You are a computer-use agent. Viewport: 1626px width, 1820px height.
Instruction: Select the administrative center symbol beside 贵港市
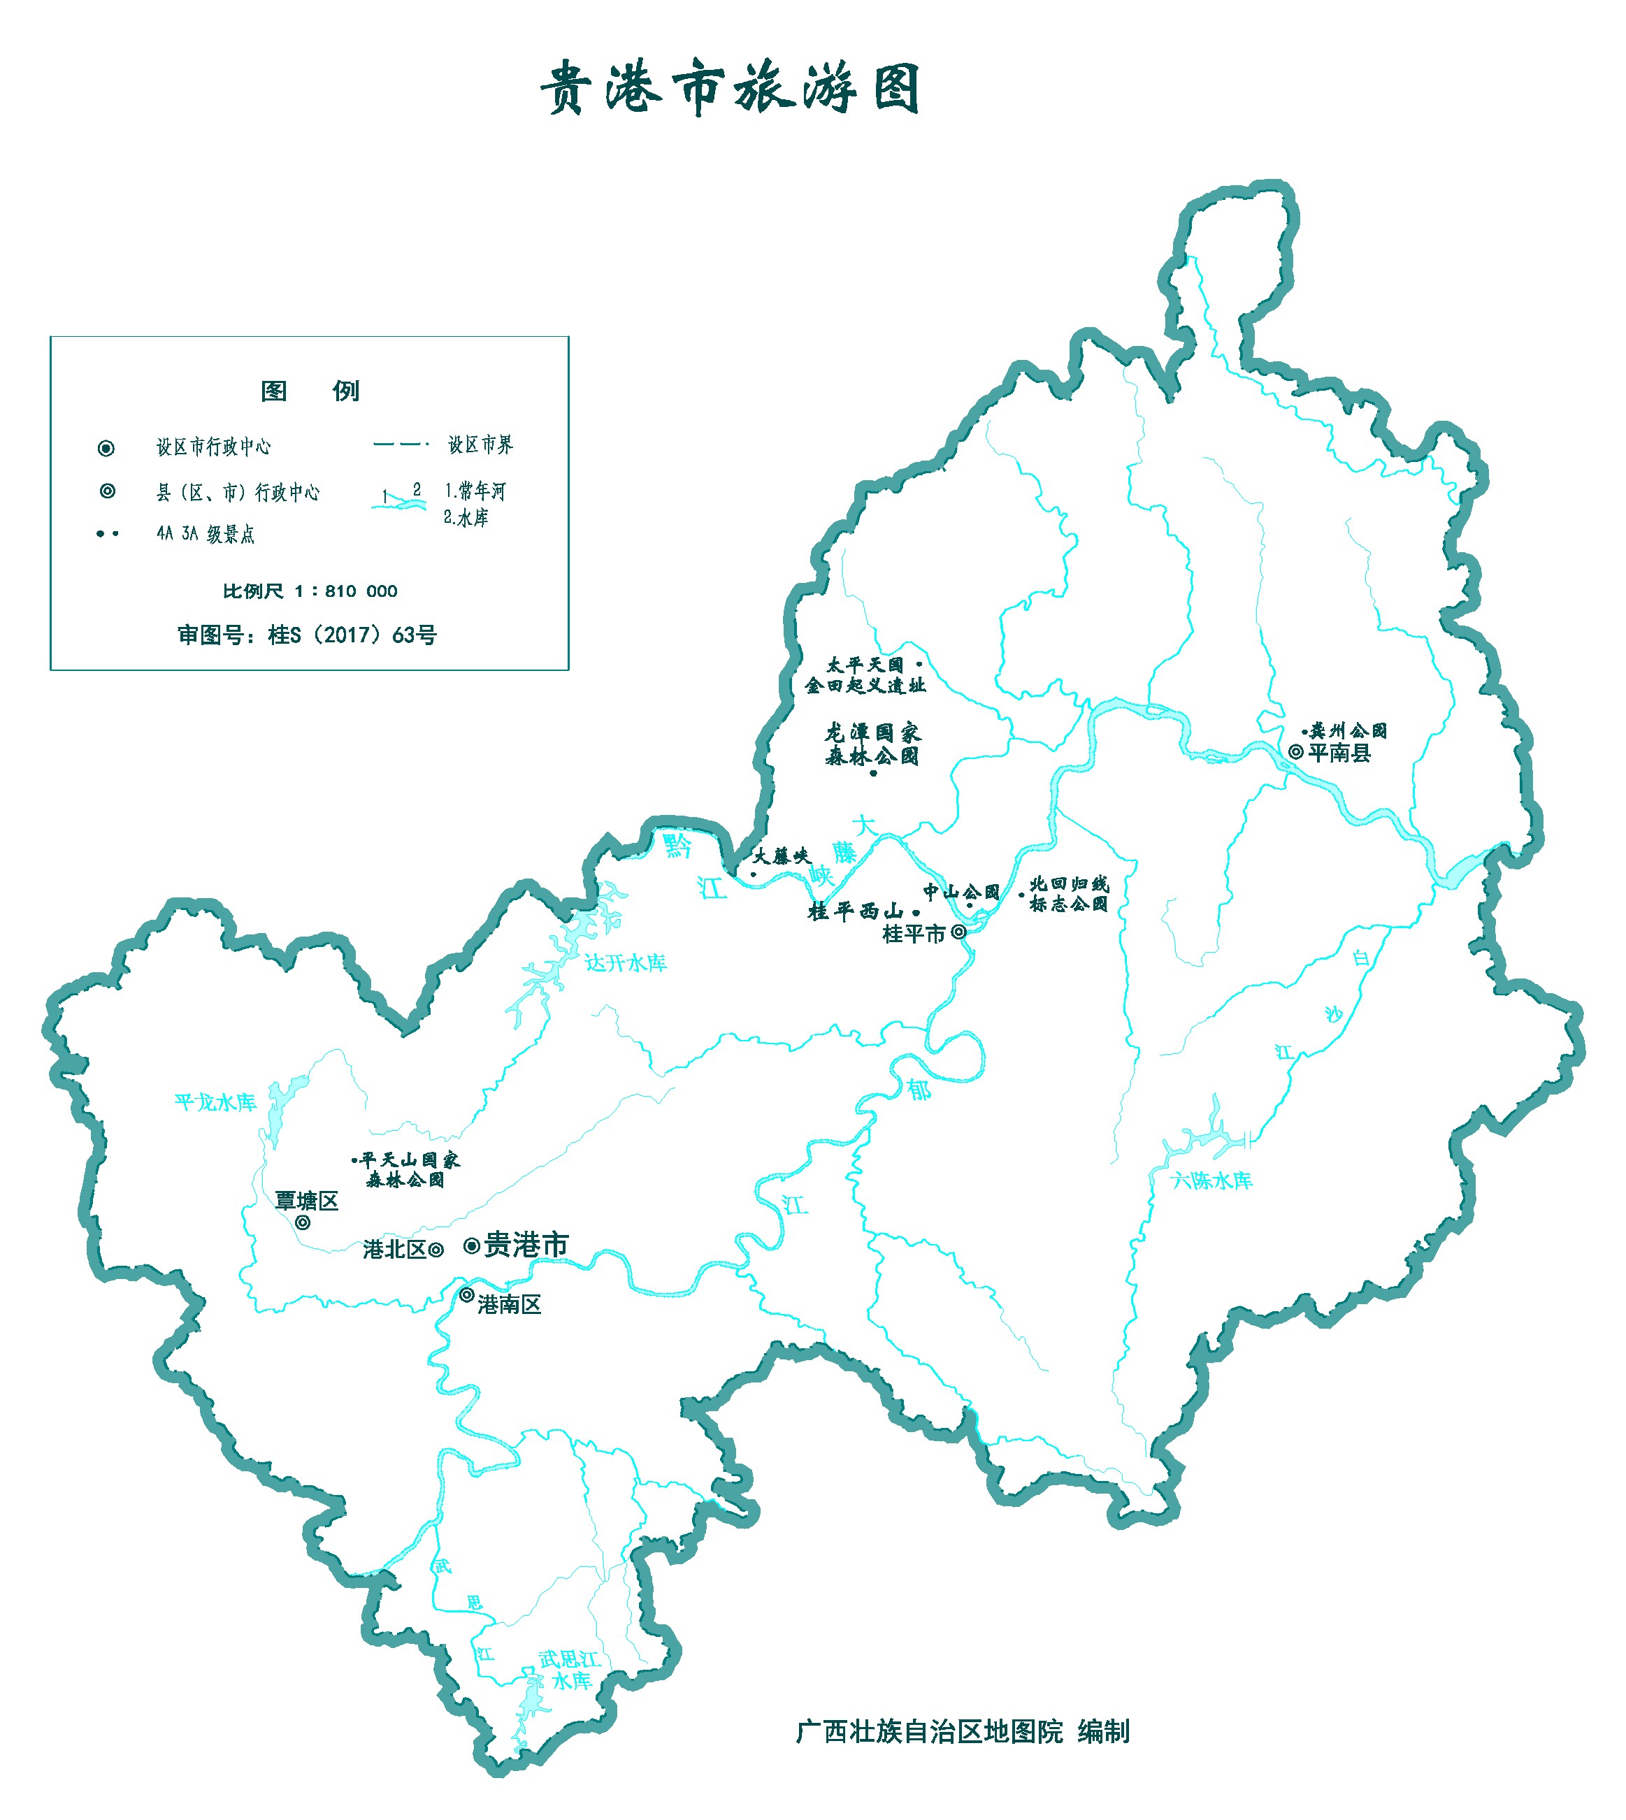(472, 1245)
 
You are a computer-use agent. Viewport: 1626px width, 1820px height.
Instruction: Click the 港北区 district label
(394, 1250)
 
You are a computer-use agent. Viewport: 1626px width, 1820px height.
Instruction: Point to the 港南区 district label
(509, 1305)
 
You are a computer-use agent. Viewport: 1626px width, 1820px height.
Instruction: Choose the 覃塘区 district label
(306, 1201)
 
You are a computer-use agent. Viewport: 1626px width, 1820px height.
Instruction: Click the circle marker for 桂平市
(958, 932)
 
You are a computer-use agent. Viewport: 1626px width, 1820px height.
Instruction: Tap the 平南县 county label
(1339, 753)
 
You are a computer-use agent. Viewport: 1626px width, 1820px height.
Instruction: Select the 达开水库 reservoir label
(626, 962)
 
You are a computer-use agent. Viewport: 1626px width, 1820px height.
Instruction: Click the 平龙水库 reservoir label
(215, 1102)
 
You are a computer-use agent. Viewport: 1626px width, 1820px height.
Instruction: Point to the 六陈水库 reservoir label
(1211, 1180)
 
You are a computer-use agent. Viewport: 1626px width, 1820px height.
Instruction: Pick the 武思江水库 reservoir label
(570, 1670)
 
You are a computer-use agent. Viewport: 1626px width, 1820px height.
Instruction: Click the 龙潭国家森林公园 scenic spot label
(872, 745)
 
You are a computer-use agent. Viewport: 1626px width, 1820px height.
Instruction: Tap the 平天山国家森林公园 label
(409, 1170)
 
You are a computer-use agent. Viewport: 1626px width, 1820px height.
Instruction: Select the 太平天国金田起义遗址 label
(865, 675)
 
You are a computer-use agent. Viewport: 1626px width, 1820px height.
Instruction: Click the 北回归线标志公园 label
(1069, 894)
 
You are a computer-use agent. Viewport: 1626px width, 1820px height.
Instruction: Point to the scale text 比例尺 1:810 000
(310, 591)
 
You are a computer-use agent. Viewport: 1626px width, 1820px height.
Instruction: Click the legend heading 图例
(309, 391)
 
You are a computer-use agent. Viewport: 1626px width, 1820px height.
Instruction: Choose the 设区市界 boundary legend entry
(480, 445)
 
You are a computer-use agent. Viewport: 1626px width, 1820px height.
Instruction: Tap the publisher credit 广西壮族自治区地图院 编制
(962, 1732)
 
